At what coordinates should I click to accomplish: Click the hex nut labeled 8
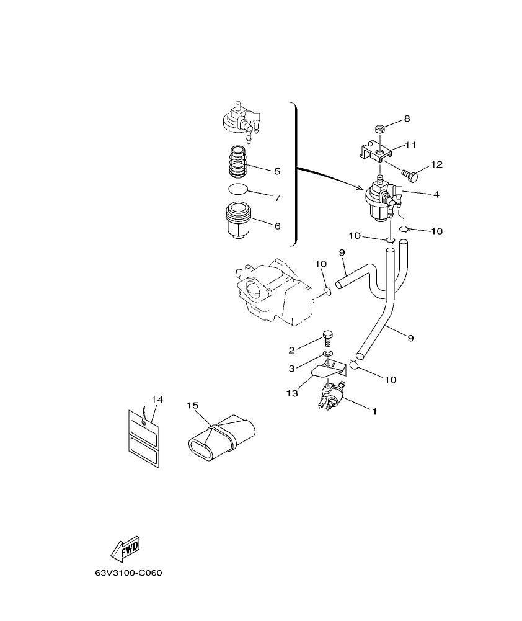[x=381, y=130]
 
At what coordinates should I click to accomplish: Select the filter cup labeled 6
[x=239, y=221]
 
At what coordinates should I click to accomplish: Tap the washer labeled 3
[x=329, y=354]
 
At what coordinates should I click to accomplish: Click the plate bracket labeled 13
[x=325, y=373]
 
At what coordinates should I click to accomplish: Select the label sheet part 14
[x=144, y=438]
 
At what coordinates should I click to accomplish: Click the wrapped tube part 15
[x=223, y=437]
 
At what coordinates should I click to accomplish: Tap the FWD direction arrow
[x=125, y=548]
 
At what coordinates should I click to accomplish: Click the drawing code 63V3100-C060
[x=128, y=573]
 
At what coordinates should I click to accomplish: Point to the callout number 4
[x=436, y=194]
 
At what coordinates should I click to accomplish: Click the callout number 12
[x=436, y=164]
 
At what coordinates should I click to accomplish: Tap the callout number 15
[x=193, y=405]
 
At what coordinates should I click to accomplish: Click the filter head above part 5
[x=240, y=119]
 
